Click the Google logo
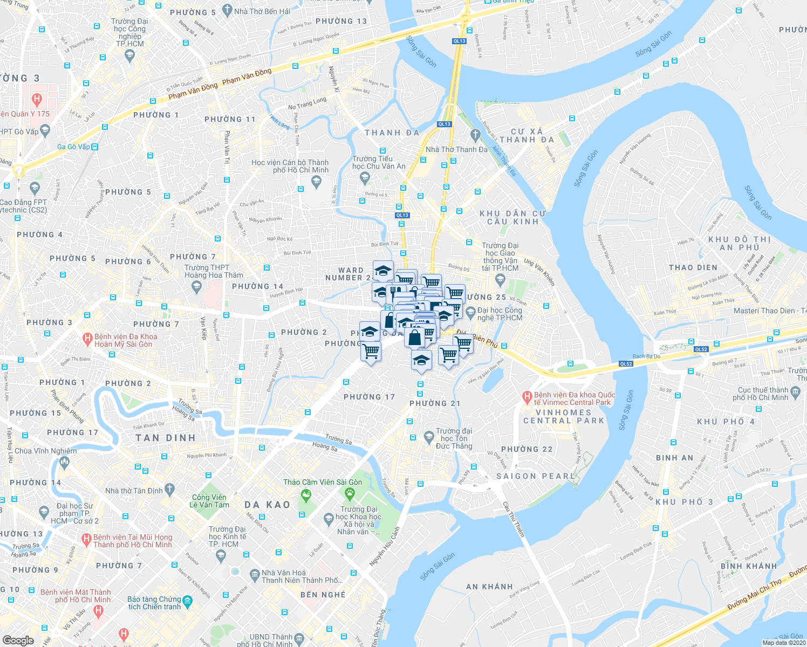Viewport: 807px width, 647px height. pos(18,640)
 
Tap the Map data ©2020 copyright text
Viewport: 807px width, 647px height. pos(783,643)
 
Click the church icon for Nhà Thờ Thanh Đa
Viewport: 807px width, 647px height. pos(475,134)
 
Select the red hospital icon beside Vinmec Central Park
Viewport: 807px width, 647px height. pos(527,398)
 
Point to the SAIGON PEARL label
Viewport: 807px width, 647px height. pos(536,476)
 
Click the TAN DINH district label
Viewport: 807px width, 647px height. pos(166,438)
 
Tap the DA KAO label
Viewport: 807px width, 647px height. pos(268,505)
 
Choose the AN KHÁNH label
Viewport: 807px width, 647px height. pos(489,587)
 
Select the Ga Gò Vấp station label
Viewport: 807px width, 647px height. pos(74,147)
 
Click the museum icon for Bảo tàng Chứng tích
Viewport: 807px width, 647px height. pos(187,600)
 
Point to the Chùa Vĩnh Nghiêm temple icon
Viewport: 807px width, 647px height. pos(65,462)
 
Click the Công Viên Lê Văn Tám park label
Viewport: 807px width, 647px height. pos(209,501)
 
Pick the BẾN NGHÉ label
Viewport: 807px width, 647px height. pos(323,595)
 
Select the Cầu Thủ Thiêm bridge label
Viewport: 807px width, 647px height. pos(513,519)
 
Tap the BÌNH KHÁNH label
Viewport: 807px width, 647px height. pos(748,566)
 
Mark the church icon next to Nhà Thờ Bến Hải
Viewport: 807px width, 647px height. pos(227,10)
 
